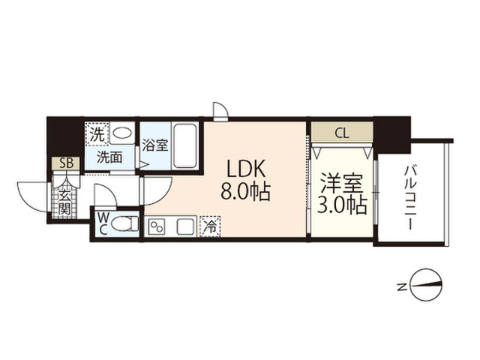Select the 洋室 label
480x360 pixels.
(340, 182)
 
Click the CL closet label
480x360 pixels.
(341, 135)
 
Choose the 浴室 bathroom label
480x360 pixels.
(155, 145)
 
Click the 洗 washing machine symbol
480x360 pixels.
(97, 135)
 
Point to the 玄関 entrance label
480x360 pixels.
(65, 200)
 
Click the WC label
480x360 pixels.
(102, 224)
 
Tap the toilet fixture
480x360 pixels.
(129, 223)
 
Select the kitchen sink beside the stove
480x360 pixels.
(185, 225)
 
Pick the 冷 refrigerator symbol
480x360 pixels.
(211, 224)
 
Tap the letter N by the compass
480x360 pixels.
(402, 285)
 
